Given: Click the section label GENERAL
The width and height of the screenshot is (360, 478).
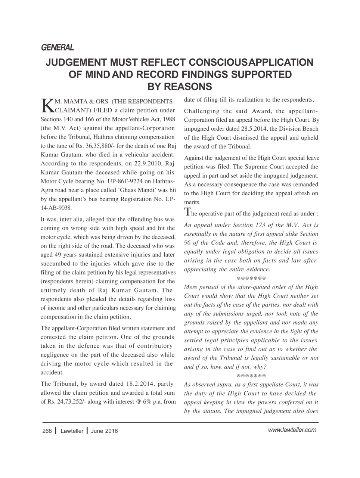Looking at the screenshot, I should click(57, 47).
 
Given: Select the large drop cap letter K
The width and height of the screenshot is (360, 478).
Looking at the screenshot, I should click(47, 106).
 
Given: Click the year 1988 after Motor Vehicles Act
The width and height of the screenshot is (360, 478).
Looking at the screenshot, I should click(168, 119).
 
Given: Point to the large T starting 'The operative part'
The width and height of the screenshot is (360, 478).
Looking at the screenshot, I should click(188, 212).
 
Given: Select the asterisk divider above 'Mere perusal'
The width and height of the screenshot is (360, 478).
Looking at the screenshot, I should click(251, 279).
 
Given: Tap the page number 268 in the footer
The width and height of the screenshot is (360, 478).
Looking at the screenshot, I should click(47, 431).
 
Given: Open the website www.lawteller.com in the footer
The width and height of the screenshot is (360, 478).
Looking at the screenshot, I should click(292, 430).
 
